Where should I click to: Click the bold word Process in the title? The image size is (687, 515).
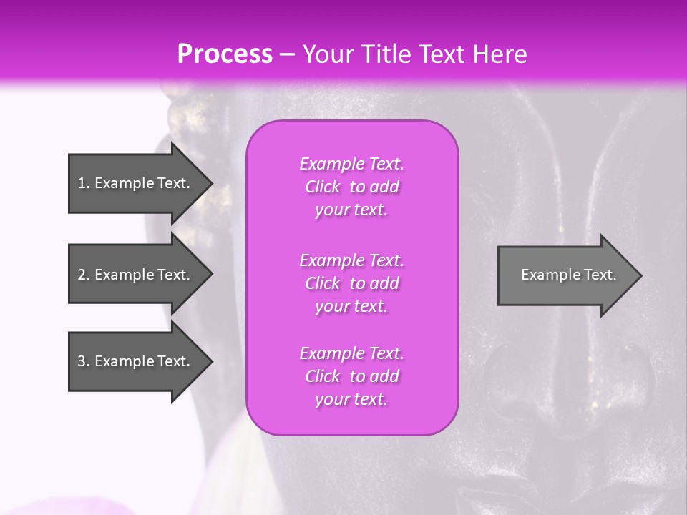(x=225, y=54)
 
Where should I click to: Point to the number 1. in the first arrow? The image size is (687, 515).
(x=83, y=183)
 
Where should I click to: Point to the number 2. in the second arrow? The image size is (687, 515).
(x=84, y=275)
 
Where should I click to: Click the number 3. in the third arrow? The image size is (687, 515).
(x=84, y=361)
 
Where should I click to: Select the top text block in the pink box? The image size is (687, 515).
(x=351, y=187)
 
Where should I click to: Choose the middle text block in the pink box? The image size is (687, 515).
(x=351, y=283)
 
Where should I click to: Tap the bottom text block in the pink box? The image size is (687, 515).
(x=351, y=376)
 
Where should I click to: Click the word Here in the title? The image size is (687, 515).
(x=500, y=54)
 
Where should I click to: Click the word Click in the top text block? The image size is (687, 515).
(x=323, y=187)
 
